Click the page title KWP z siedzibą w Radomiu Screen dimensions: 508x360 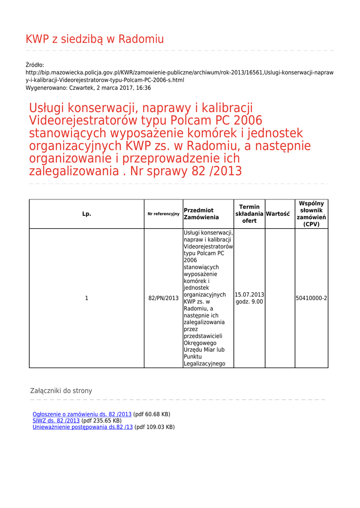point(94,39)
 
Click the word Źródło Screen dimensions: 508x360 point(35,65)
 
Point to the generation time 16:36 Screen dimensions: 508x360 point(144,88)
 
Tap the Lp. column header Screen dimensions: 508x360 point(86,214)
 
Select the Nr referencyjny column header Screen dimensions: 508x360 point(163,214)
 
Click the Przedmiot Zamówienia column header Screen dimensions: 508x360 point(201,214)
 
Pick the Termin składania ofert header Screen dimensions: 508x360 point(249,214)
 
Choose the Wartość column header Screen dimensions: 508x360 point(278,214)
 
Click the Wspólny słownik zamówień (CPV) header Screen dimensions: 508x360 point(311,214)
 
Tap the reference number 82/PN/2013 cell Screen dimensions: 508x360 point(163,298)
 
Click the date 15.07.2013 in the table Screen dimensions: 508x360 point(249,295)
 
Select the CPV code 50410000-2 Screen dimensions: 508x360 point(311,298)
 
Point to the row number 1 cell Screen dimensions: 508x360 point(86,298)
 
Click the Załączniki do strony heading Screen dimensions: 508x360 point(61,391)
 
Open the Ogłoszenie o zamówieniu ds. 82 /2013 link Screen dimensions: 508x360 point(82,414)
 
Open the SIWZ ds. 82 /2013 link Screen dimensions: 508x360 point(56,421)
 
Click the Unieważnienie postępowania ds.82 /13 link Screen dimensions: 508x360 point(82,427)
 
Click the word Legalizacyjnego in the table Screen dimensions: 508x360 point(205,364)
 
